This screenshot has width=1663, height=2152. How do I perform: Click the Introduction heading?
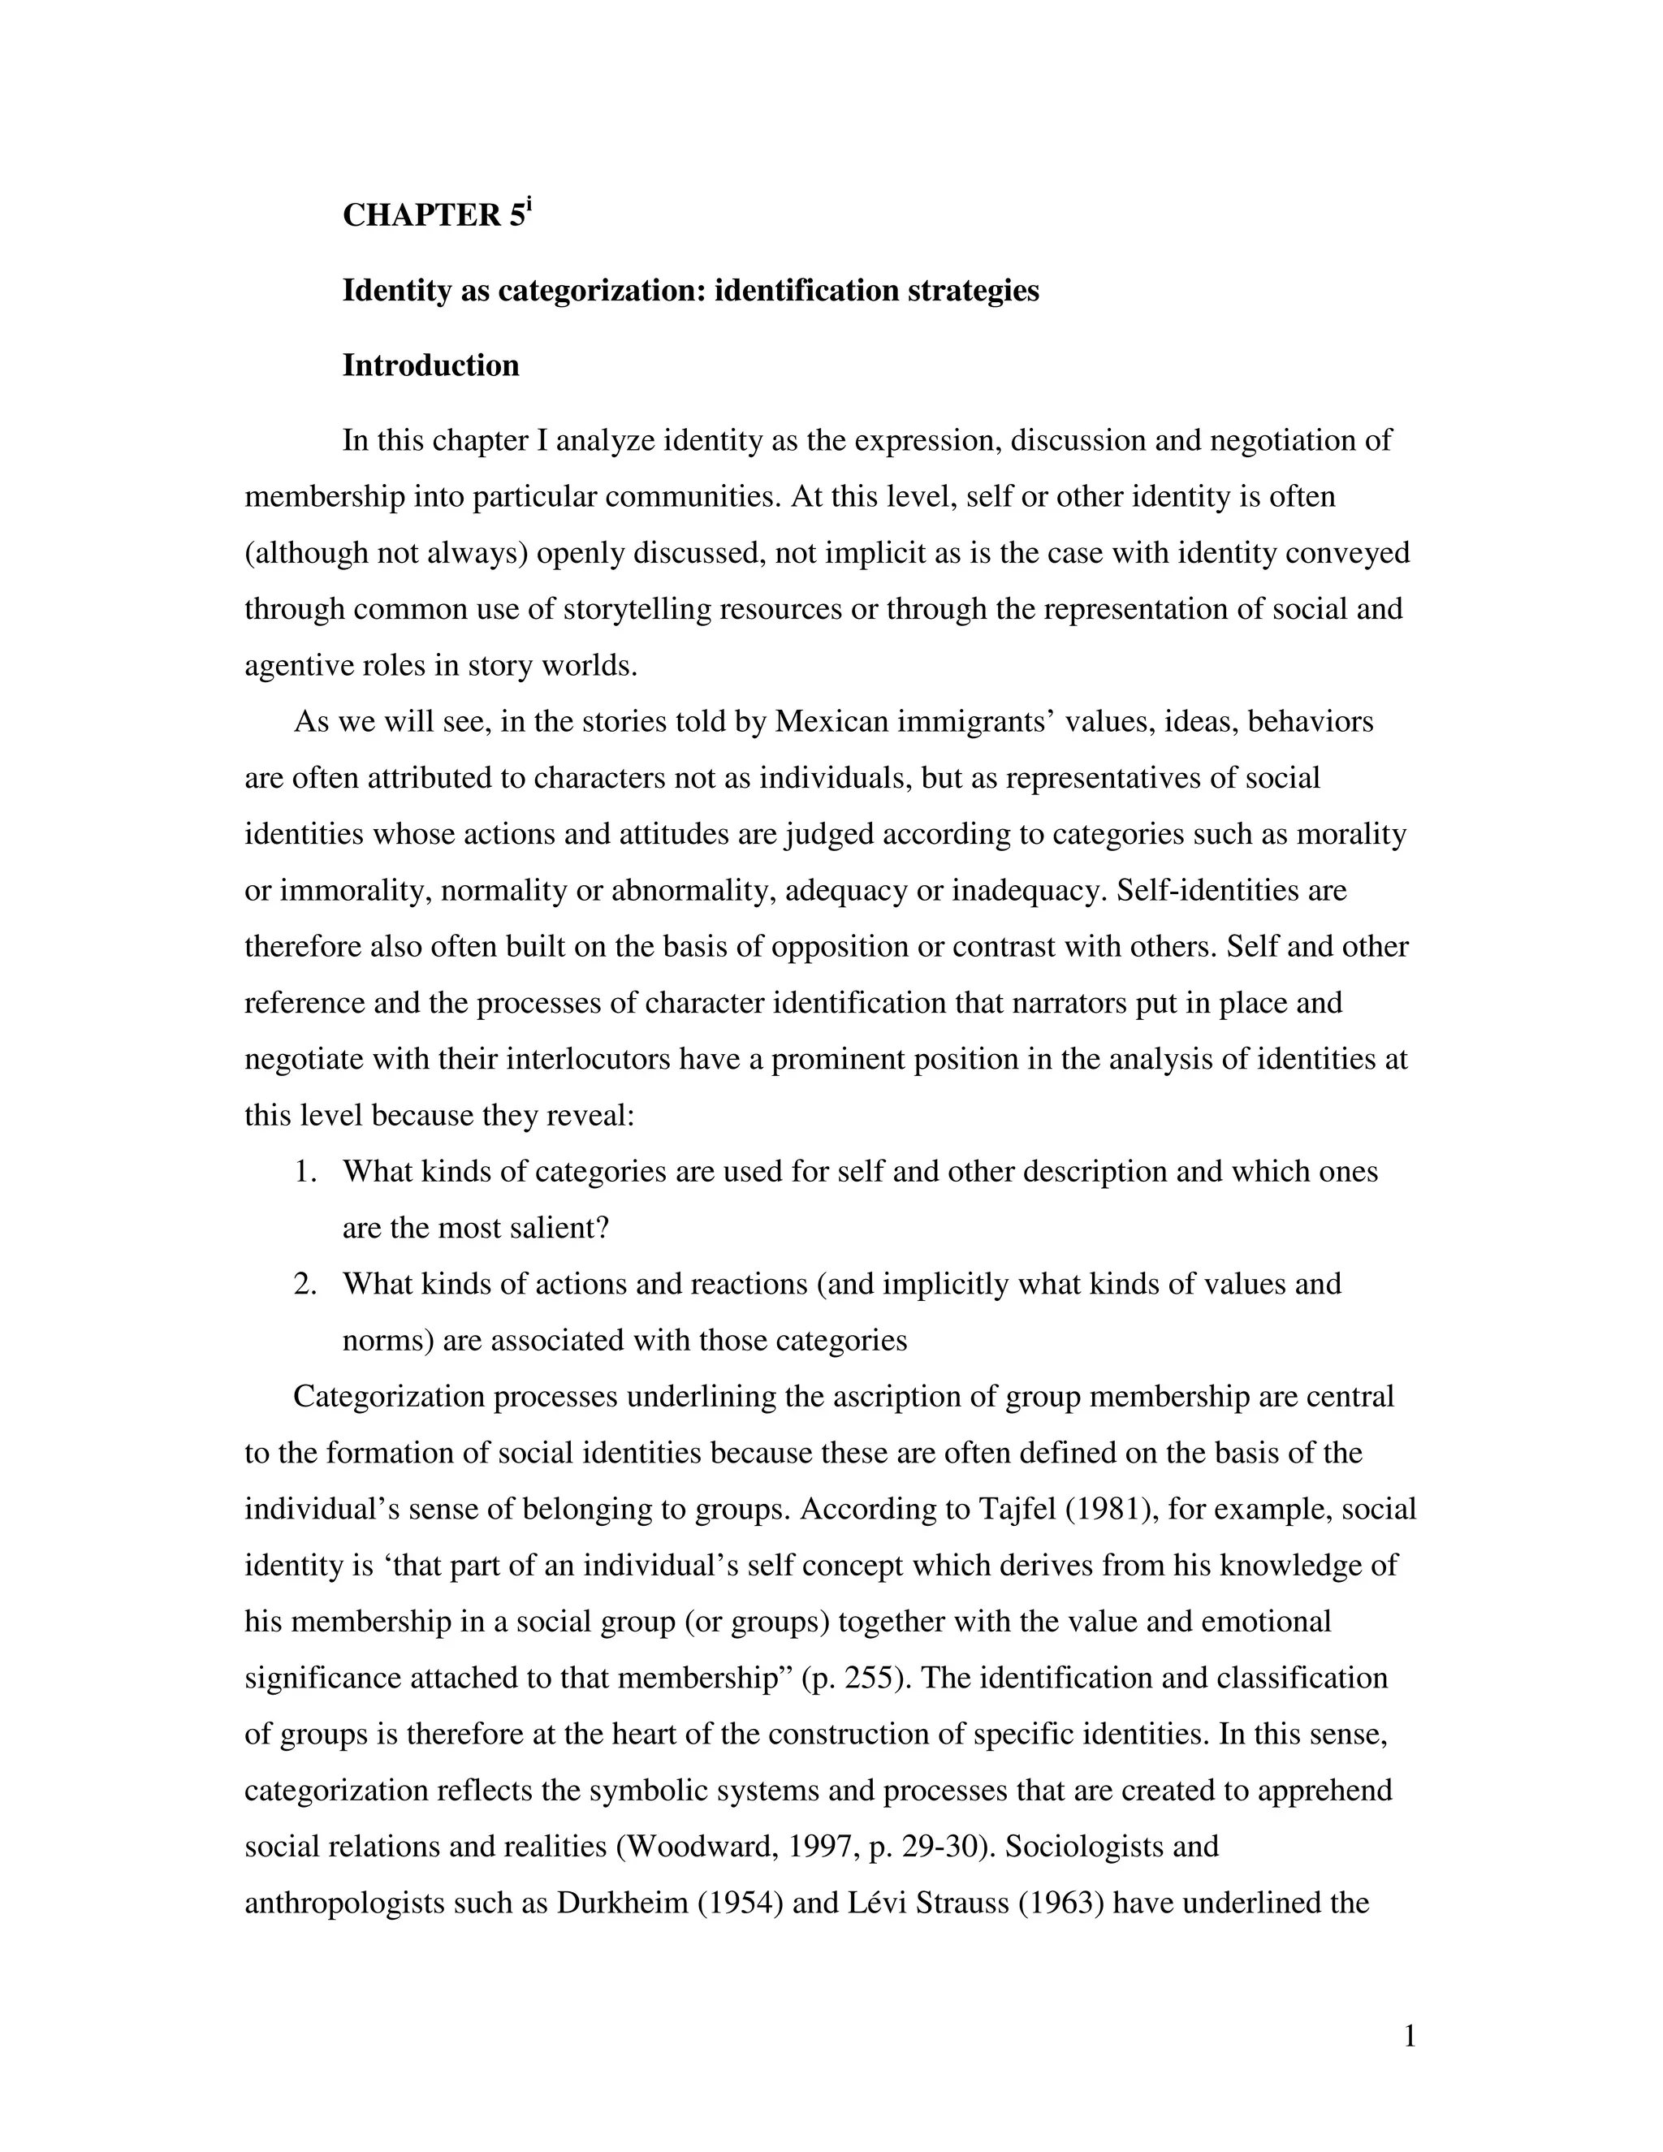point(430,365)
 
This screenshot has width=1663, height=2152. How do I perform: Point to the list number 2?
point(305,1284)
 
